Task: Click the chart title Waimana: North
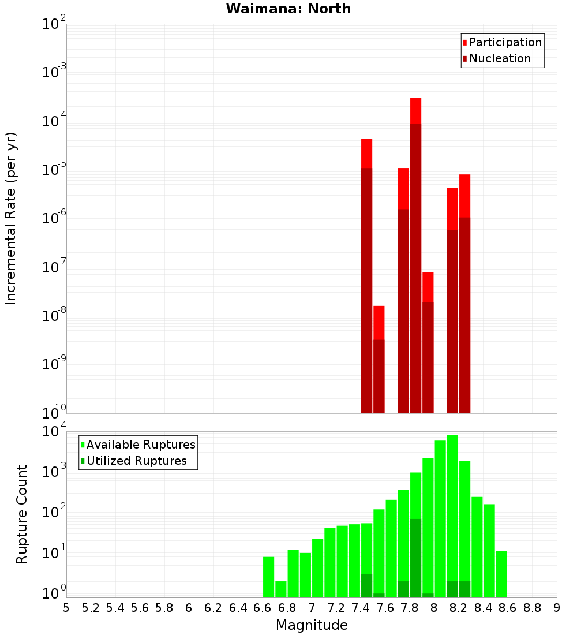point(288,9)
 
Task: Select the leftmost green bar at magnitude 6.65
point(268,577)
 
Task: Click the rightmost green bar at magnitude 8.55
point(501,574)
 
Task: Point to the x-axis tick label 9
point(556,608)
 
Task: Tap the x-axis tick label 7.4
point(361,608)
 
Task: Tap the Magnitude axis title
point(312,625)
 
